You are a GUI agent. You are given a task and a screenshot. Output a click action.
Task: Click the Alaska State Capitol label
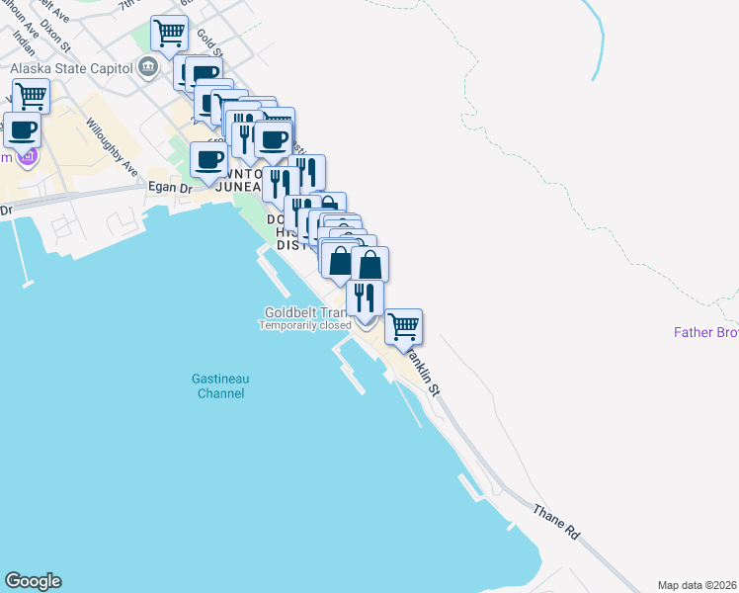click(70, 69)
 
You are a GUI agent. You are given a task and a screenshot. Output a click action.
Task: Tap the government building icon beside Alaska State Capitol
click(148, 67)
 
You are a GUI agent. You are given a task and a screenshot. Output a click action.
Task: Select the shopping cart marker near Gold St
click(170, 34)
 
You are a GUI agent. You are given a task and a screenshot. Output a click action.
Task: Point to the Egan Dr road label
click(170, 186)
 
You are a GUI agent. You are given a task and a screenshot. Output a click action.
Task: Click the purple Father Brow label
click(705, 332)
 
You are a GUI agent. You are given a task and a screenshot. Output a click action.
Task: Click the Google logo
click(33, 581)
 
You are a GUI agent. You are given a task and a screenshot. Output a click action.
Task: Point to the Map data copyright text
click(698, 584)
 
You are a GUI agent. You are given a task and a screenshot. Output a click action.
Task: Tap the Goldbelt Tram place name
click(303, 312)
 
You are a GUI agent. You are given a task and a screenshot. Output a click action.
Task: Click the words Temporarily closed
click(305, 325)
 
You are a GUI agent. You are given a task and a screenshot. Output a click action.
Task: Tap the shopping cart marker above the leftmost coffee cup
click(32, 97)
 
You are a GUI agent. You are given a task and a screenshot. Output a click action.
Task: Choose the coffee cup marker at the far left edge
click(22, 128)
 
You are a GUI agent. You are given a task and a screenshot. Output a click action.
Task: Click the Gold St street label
click(207, 42)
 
